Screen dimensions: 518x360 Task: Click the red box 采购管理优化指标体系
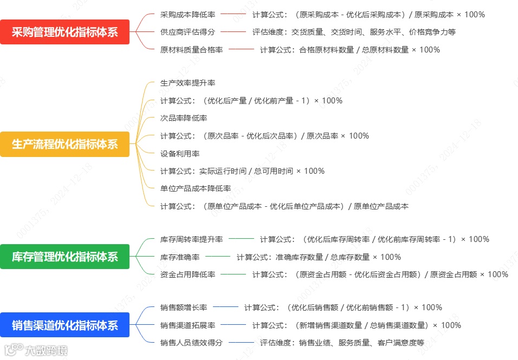[64, 32]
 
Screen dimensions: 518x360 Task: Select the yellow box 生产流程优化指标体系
[64, 144]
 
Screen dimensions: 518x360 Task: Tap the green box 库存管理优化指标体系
[64, 256]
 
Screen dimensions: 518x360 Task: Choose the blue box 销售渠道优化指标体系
[64, 325]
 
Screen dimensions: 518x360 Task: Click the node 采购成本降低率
[187, 15]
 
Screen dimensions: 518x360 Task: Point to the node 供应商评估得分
[187, 32]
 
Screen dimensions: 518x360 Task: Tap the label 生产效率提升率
[187, 83]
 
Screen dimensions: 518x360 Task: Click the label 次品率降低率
[184, 118]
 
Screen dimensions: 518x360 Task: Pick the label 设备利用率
[180, 153]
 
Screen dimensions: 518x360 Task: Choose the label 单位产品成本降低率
[196, 188]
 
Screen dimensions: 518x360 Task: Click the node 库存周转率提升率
[191, 239]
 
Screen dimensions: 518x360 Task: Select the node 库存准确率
[180, 257]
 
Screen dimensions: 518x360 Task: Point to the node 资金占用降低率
[187, 274]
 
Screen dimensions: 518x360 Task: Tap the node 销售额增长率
[184, 307]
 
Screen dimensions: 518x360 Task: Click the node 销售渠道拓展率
[187, 325]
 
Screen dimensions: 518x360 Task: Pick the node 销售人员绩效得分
[191, 343]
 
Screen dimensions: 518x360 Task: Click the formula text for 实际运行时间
[242, 171]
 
